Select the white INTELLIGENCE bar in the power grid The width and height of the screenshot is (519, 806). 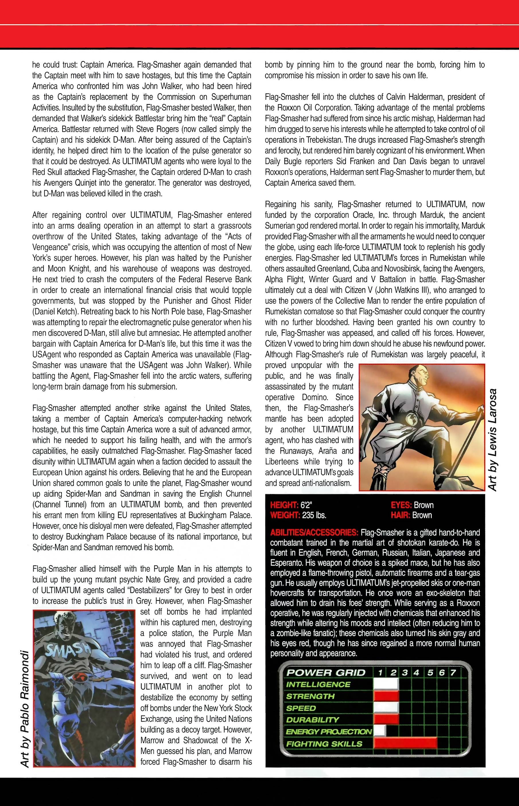coord(386,684)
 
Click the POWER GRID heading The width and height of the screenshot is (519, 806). coord(326,673)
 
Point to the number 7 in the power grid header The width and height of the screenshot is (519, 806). coord(453,673)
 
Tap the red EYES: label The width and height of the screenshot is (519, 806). coord(401,505)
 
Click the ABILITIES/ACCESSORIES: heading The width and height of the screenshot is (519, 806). coord(314,533)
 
